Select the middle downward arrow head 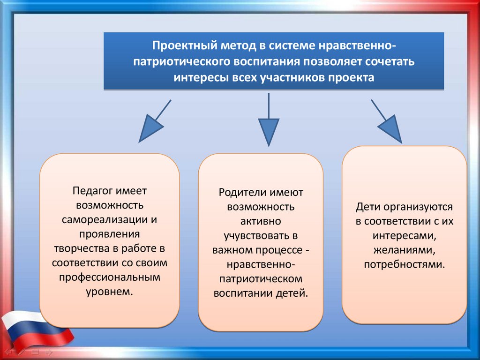click(x=269, y=131)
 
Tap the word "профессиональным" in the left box click(x=109, y=277)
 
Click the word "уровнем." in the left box click(x=109, y=291)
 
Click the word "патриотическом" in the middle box click(x=261, y=278)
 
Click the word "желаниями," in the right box click(x=404, y=249)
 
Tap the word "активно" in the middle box click(x=261, y=221)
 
